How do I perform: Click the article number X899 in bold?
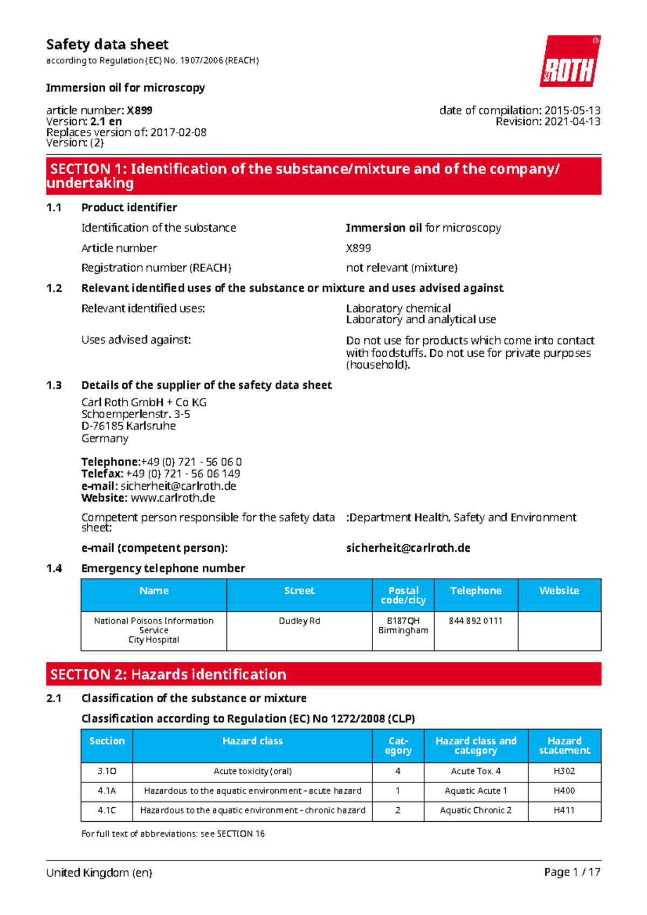140,110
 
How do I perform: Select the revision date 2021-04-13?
572,122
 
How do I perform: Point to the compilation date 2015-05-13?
572,110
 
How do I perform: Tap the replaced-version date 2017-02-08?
178,133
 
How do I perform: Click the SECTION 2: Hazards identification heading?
168,674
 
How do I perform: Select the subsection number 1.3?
54,385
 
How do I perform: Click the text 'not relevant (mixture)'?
402,268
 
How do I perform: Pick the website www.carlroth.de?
173,498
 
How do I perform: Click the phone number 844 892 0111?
476,621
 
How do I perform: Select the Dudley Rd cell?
299,621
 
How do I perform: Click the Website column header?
559,591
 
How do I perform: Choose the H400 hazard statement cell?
564,791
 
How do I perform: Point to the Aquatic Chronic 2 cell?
476,810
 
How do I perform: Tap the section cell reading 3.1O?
107,771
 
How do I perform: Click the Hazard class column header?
252,741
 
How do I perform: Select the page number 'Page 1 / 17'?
572,872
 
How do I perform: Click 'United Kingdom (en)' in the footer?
99,872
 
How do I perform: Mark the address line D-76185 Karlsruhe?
128,426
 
